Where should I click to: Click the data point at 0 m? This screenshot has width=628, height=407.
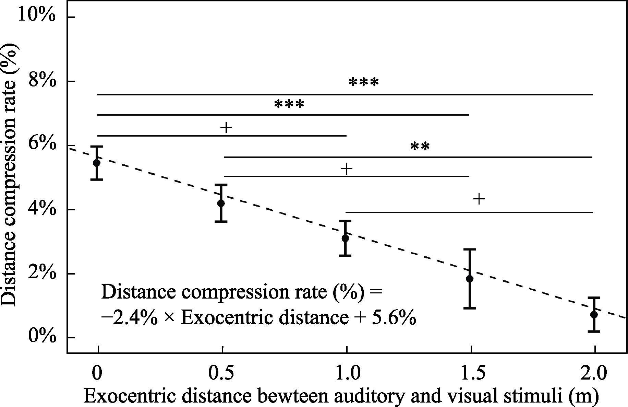pos(97,162)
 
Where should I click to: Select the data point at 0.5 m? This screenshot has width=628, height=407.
pos(221,203)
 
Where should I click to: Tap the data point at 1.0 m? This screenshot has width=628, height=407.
pos(346,238)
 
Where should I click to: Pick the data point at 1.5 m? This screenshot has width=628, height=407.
pos(470,278)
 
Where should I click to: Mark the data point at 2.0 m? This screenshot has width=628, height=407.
pos(594,314)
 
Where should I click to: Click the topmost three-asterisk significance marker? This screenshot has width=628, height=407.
pos(364,83)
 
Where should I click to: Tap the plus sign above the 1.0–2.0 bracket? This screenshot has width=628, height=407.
pos(479,199)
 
